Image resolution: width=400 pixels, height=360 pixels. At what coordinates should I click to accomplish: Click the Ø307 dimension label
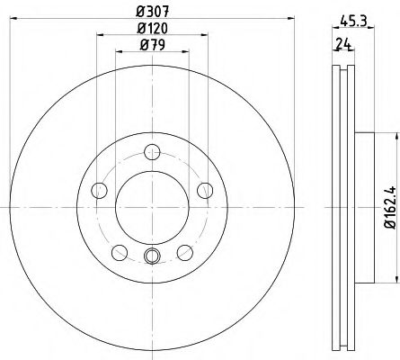pos(153,12)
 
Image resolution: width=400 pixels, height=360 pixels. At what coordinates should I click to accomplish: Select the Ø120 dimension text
pos(153,29)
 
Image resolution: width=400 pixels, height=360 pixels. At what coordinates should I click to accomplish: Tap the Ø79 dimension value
pos(153,45)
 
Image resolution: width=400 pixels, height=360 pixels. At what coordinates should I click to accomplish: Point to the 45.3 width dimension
pos(353,22)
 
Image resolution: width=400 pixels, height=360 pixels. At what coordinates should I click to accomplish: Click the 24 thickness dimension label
pos(343,44)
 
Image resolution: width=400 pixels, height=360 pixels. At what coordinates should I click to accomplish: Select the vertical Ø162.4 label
pos(391,207)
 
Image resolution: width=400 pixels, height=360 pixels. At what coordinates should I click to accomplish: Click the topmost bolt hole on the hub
pos(152,152)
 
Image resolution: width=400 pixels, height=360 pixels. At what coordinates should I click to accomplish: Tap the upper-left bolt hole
pos(99,191)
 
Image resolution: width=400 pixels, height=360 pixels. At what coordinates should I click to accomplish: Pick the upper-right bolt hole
pos(205,191)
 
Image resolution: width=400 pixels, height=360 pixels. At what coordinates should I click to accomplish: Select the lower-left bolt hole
pos(120,253)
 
